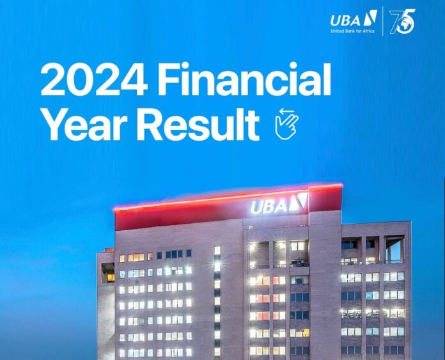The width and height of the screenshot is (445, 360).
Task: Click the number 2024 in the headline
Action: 94,79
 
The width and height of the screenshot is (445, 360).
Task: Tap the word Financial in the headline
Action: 245,79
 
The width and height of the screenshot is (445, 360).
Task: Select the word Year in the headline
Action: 84,124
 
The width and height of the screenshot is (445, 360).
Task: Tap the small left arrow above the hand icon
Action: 287,111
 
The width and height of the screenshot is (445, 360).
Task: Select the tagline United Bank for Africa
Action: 352,31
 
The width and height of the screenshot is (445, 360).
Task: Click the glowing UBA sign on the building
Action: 279,203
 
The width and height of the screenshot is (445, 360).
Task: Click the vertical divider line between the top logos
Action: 382,21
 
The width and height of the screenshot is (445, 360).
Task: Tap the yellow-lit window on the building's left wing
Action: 111,278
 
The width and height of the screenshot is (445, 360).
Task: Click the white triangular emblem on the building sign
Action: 299,201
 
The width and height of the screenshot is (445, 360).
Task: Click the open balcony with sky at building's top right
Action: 394,249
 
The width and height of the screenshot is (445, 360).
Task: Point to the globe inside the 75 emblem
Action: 404,24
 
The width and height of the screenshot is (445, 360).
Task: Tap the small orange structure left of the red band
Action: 109,250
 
